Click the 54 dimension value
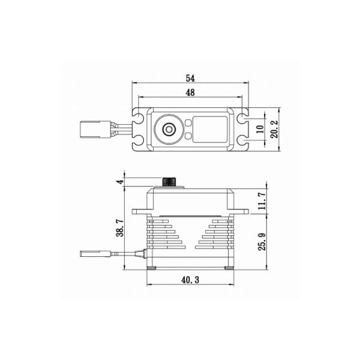(x=190, y=78)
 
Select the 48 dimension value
(x=190, y=92)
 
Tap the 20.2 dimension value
(x=274, y=129)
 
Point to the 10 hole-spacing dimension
(x=260, y=129)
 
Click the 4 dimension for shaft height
(x=119, y=182)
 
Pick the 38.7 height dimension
(x=119, y=228)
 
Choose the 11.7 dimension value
(x=262, y=201)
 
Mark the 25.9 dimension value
(x=262, y=242)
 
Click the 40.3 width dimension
(x=190, y=280)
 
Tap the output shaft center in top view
(x=169, y=130)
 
